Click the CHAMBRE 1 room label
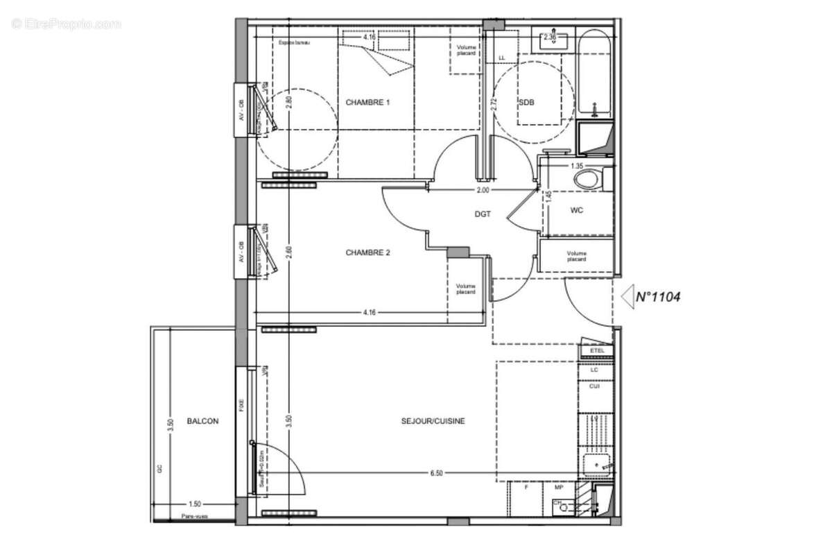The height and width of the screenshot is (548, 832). (367, 103)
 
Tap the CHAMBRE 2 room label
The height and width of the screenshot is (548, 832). (367, 253)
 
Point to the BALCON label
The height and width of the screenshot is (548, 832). (202, 421)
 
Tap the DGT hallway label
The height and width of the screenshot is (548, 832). (483, 214)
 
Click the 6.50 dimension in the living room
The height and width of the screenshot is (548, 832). (436, 473)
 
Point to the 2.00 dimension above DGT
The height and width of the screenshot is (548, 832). (483, 190)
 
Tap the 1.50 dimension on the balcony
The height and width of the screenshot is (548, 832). (196, 504)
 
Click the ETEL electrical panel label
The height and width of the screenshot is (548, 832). (597, 351)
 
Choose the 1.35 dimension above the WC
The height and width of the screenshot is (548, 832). (576, 166)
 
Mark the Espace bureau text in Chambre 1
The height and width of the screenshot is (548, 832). (294, 43)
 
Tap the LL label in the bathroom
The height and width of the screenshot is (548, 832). (503, 58)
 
